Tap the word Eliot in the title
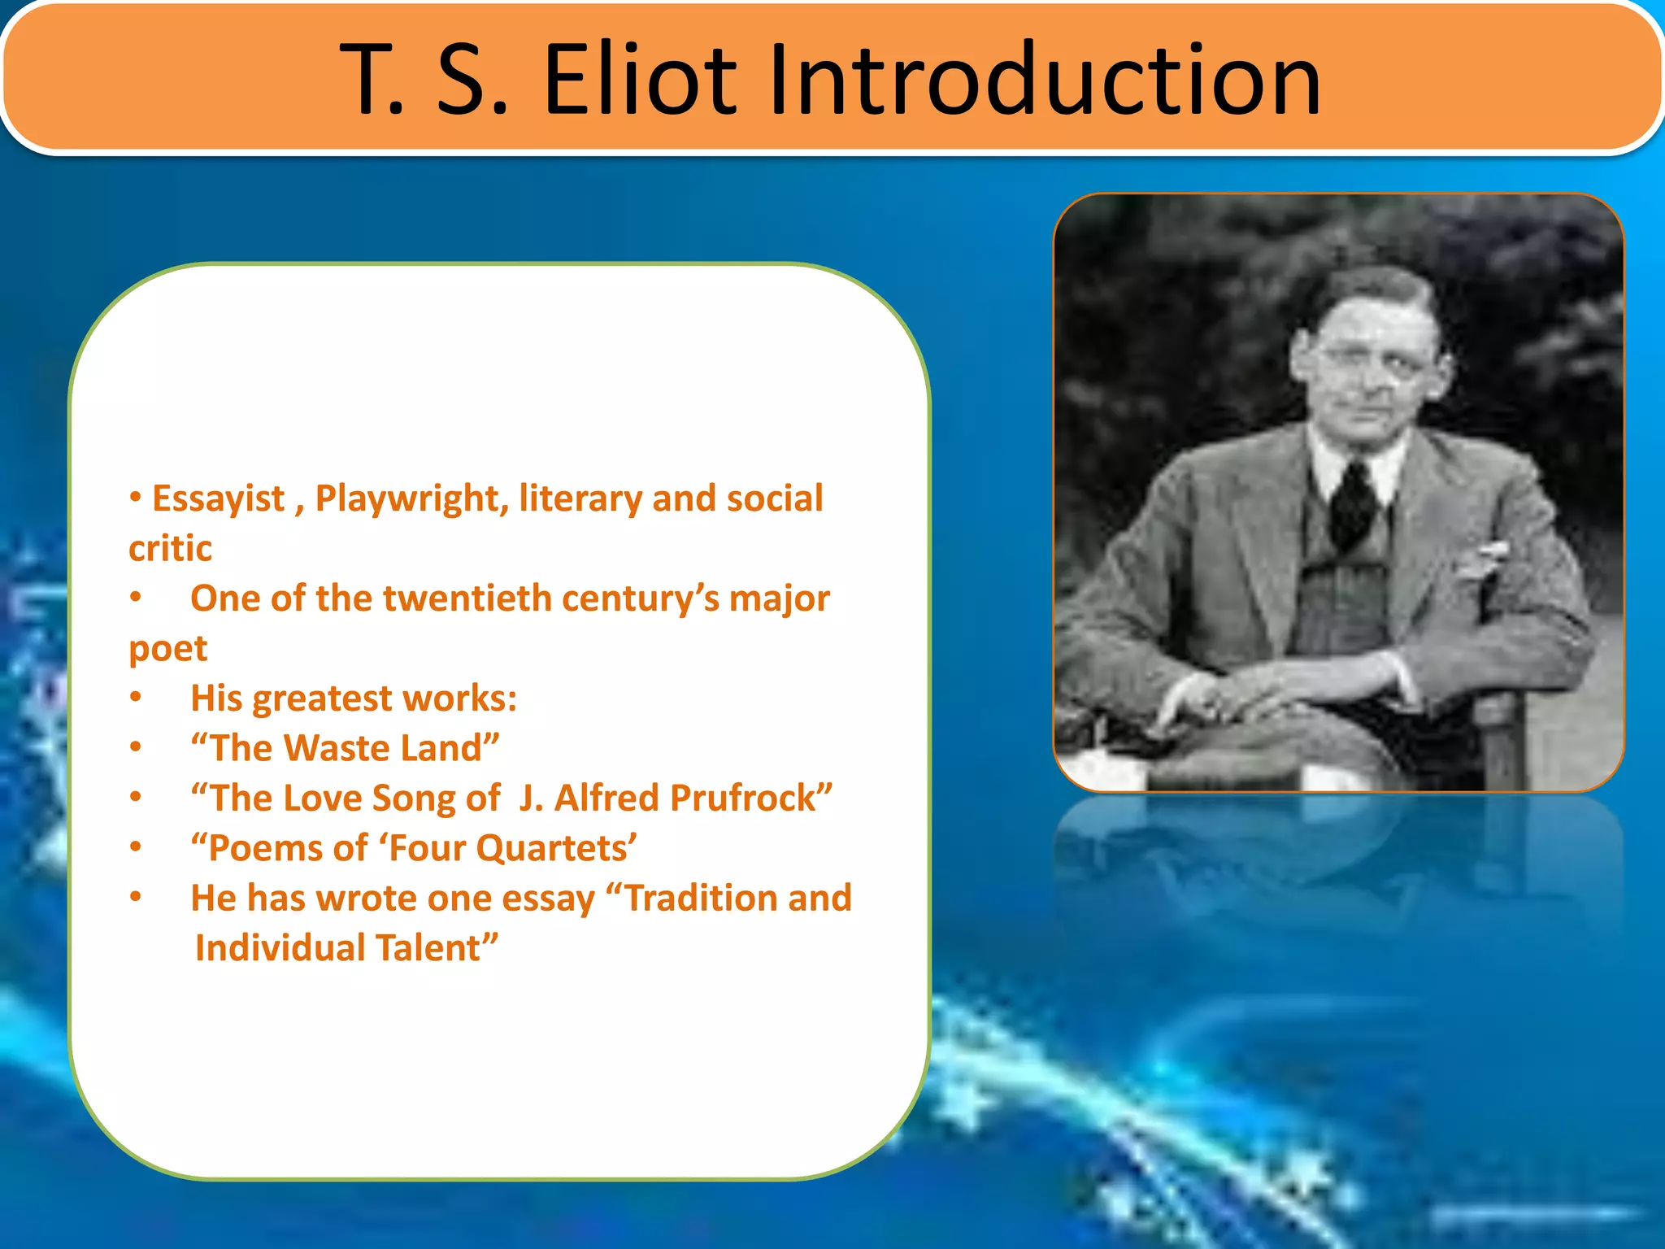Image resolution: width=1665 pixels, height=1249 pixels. (640, 80)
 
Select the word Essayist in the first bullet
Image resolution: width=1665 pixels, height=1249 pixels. (219, 498)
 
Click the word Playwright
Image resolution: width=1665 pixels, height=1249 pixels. (411, 498)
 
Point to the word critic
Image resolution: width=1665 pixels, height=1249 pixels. (170, 549)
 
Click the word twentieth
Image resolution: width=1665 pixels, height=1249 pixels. (467, 598)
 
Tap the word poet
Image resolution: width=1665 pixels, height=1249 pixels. (167, 649)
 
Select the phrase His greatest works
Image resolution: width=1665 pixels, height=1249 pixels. (353, 698)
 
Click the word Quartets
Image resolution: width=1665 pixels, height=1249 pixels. (556, 848)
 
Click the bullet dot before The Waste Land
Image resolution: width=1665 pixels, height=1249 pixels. (136, 747)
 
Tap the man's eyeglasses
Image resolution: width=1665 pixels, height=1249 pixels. (1370, 358)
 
